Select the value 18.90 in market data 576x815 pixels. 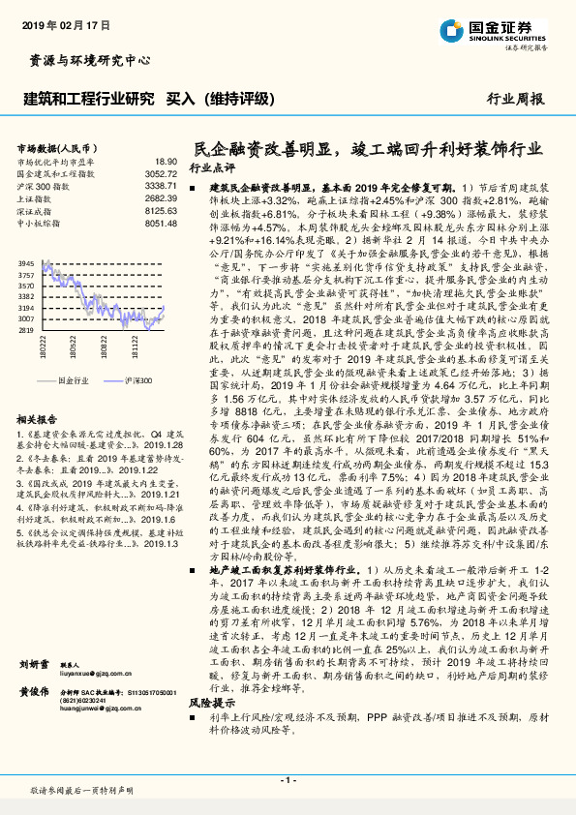click(167, 162)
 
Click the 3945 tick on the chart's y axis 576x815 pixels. click(27, 263)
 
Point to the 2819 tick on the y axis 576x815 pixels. click(27, 329)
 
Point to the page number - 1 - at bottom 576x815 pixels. click(288, 779)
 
